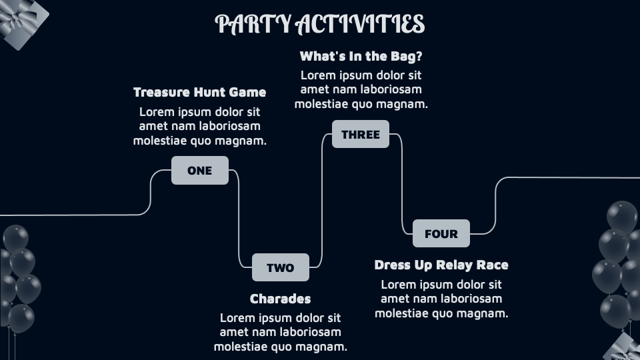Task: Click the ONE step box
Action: pos(199,170)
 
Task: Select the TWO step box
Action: pos(281,267)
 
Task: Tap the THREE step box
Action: pos(361,134)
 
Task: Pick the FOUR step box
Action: pos(441,233)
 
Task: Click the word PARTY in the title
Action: pos(253,24)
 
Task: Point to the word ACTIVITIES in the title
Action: pos(361,24)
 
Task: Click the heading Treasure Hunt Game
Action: pos(199,92)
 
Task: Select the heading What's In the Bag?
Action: pos(361,56)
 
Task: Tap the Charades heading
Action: pos(281,299)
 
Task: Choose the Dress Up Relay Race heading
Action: pos(441,265)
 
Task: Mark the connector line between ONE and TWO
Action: pos(239,219)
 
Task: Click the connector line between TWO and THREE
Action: pos(321,201)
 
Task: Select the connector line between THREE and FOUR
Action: pos(401,184)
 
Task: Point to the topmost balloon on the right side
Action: pos(621,216)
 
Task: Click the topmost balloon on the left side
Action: pos(15,239)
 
